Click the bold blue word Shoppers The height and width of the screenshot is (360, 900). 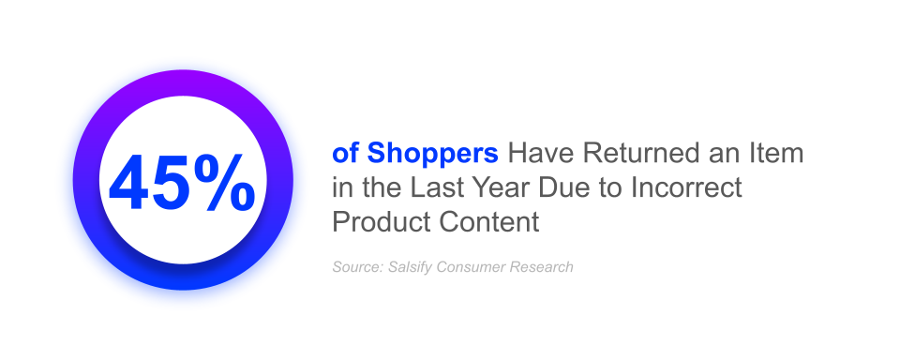[432, 154]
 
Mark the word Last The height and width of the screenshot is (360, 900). [438, 187]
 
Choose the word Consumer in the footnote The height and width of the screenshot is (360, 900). [472, 267]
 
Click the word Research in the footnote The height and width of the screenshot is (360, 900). [540, 267]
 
